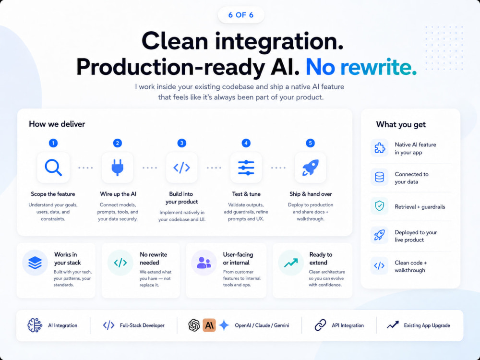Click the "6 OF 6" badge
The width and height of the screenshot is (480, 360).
[241, 15]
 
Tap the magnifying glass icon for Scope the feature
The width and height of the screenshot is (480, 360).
[53, 168]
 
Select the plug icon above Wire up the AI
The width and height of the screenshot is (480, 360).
[118, 168]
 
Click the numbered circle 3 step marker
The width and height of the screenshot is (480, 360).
[181, 143]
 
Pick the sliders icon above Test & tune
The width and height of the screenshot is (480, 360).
[246, 168]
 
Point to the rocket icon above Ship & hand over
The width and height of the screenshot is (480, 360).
[311, 168]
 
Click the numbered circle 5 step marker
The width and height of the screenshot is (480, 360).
[310, 143]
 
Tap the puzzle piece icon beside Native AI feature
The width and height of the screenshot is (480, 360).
[380, 148]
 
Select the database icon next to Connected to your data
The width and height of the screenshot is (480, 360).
[379, 177]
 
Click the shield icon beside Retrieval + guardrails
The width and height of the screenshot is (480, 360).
[379, 206]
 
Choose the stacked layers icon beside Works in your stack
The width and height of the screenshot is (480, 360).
[35, 263]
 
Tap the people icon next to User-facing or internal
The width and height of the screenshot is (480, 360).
[204, 263]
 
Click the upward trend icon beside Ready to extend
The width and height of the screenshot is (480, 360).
[291, 263]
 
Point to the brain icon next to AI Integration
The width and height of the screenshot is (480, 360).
[35, 325]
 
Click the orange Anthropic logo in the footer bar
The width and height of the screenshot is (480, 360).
[209, 325]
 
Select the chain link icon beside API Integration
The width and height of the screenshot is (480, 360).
[321, 325]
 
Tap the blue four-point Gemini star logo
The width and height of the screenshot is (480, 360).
[224, 325]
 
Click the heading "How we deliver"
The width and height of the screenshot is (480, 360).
[57, 124]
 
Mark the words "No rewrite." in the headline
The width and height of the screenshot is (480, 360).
[361, 67]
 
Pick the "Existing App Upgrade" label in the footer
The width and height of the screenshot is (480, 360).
[427, 325]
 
